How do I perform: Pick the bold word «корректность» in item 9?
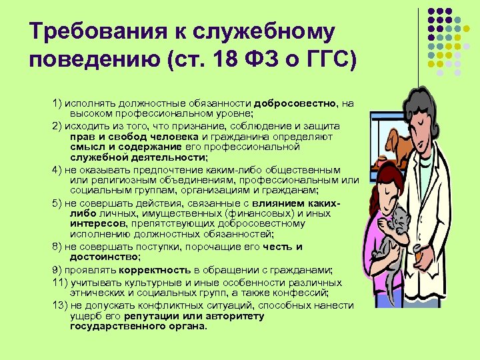pyautogui.click(x=155, y=271)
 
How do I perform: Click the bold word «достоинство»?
pyautogui.click(x=104, y=256)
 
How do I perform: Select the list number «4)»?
pyautogui.click(x=57, y=169)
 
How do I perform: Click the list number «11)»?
pyautogui.click(x=59, y=282)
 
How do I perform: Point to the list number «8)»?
pyautogui.click(x=57, y=247)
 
